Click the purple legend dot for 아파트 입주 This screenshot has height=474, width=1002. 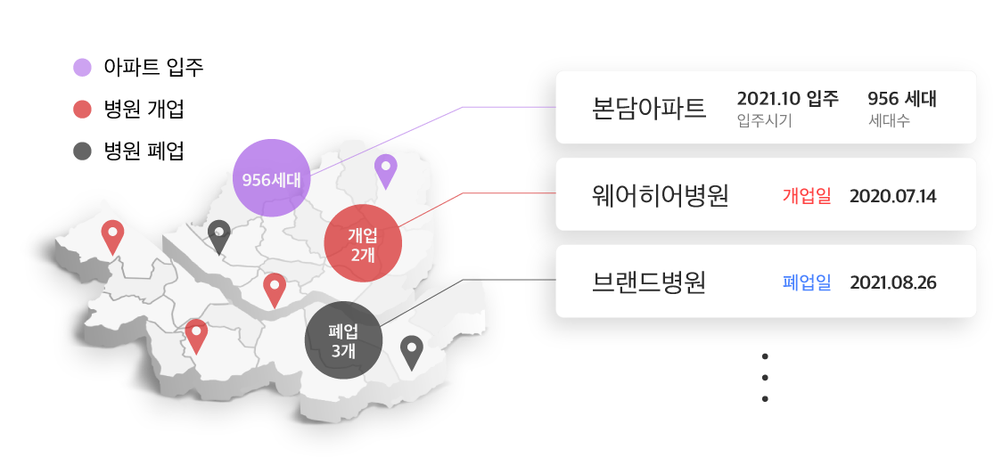pyautogui.click(x=82, y=67)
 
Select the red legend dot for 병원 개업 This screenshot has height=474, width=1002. pyautogui.click(x=82, y=110)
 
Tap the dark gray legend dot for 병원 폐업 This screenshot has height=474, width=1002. pyautogui.click(x=82, y=151)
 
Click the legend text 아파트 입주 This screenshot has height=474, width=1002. pyautogui.click(x=153, y=67)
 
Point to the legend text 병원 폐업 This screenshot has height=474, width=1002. pyautogui.click(x=144, y=151)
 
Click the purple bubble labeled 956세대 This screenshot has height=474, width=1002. pyautogui.click(x=272, y=178)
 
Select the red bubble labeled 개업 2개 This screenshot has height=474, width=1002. pyautogui.click(x=363, y=243)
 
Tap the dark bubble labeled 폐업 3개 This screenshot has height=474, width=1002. pyautogui.click(x=344, y=339)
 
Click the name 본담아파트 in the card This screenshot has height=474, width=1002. pyautogui.click(x=649, y=108)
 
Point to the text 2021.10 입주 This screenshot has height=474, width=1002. pyautogui.click(x=788, y=99)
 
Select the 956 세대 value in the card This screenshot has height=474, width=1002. pyautogui.click(x=901, y=99)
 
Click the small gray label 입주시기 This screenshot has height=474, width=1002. pyautogui.click(x=764, y=121)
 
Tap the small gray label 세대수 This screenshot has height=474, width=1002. pyautogui.click(x=889, y=121)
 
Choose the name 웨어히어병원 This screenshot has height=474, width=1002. pyautogui.click(x=661, y=195)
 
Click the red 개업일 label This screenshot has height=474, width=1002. pyautogui.click(x=807, y=196)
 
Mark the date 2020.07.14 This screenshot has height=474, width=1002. pyautogui.click(x=892, y=196)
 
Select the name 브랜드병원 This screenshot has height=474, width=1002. pyautogui.click(x=649, y=282)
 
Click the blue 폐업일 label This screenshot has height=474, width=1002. pyautogui.click(x=807, y=283)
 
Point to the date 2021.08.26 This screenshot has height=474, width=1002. pyautogui.click(x=892, y=283)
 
